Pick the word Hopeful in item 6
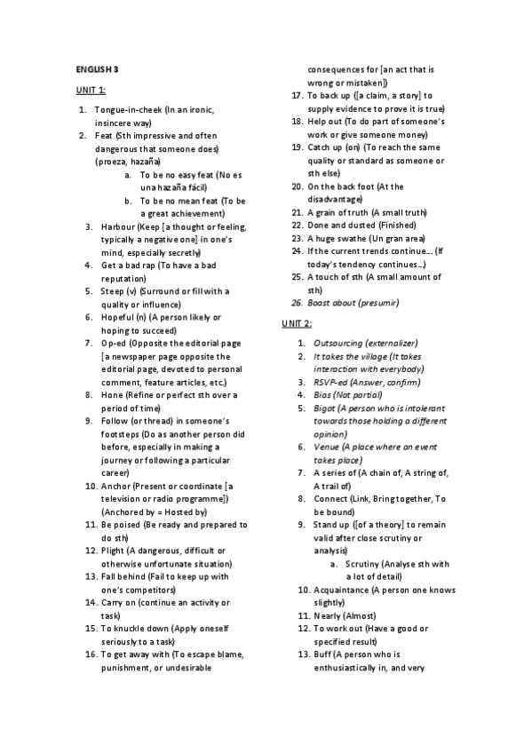pyautogui.click(x=116, y=317)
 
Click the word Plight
pyautogui.click(x=113, y=551)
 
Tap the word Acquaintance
pyautogui.click(x=341, y=590)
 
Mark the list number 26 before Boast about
pyautogui.click(x=298, y=304)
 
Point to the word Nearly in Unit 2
pyautogui.click(x=326, y=615)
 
